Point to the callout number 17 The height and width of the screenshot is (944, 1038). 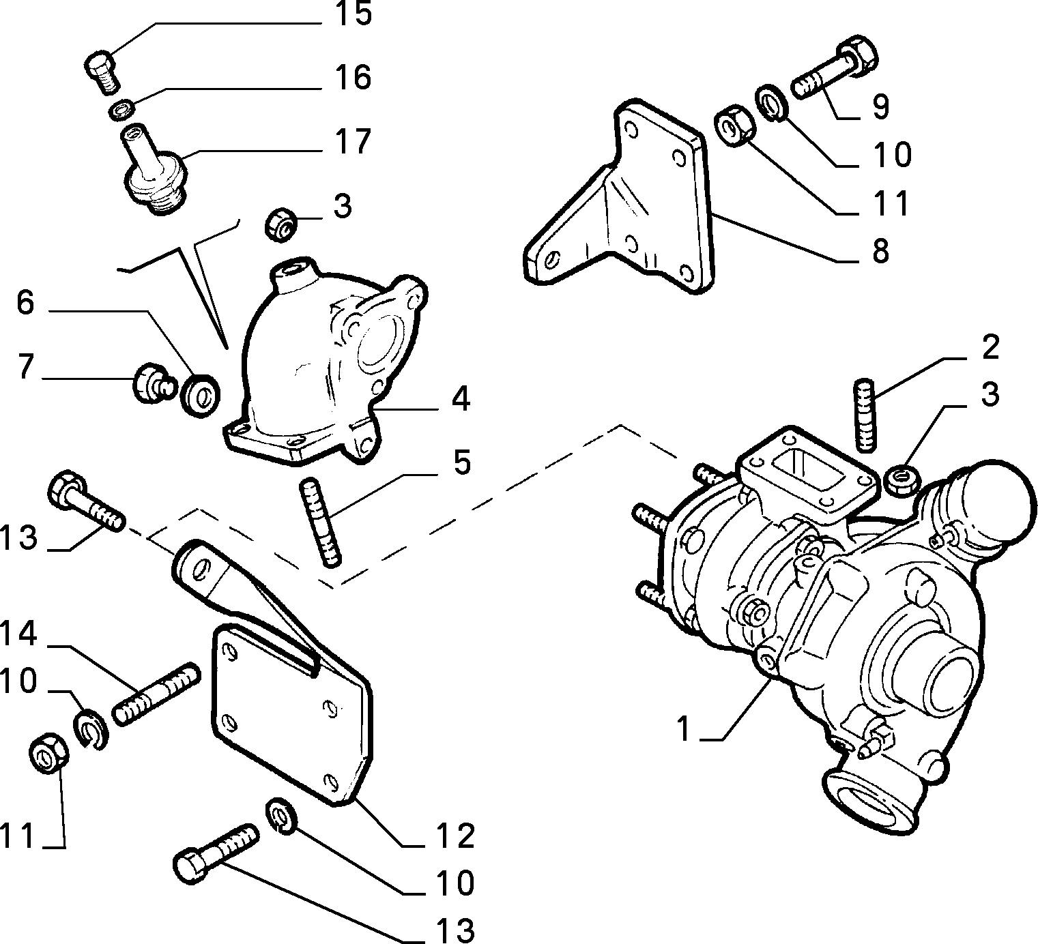click(x=354, y=141)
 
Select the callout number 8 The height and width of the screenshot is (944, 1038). click(x=880, y=251)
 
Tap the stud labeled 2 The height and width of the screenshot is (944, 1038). click(x=864, y=415)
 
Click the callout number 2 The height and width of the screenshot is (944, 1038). click(x=990, y=347)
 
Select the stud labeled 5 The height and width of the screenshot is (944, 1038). click(x=320, y=523)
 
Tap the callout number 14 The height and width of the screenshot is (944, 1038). click(x=18, y=634)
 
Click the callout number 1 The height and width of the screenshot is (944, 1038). click(x=684, y=729)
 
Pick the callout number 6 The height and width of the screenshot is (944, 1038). click(x=25, y=303)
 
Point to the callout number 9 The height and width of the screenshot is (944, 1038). click(x=880, y=106)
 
